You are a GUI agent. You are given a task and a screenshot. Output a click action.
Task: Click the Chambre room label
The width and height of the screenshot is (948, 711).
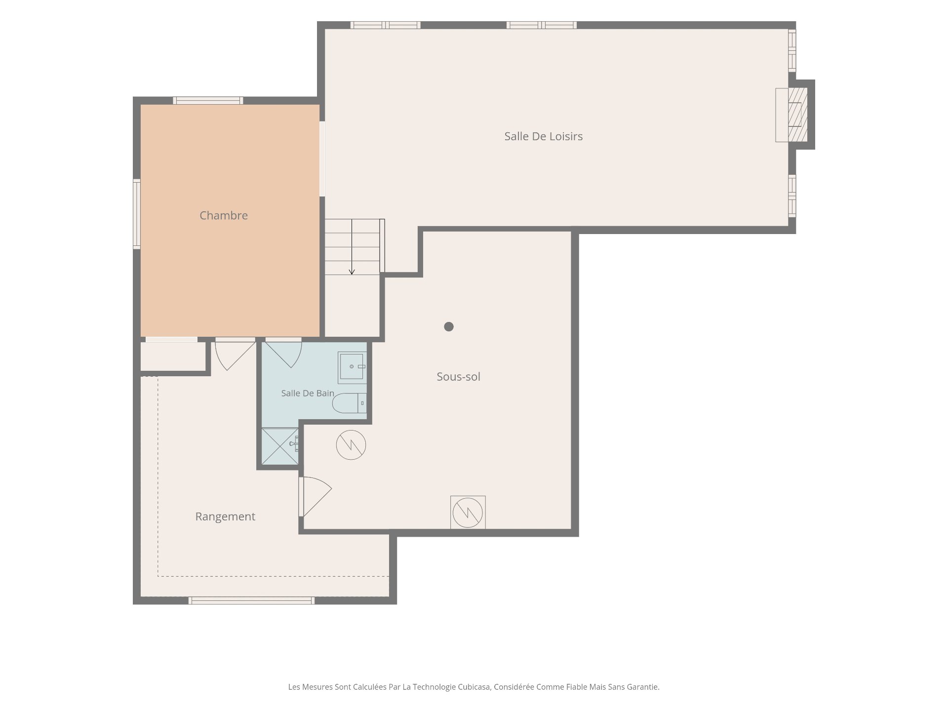pyautogui.click(x=224, y=215)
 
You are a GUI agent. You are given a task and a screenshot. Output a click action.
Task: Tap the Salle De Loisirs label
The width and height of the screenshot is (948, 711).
pyautogui.click(x=543, y=136)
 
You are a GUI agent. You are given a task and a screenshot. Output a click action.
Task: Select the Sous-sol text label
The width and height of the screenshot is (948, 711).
pyautogui.click(x=458, y=377)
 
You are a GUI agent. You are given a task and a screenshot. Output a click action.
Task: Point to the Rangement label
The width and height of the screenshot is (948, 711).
pyautogui.click(x=225, y=517)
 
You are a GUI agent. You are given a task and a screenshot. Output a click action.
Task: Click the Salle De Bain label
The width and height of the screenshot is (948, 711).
pyautogui.click(x=308, y=394)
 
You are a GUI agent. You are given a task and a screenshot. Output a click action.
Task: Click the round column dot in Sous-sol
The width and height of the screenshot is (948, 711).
pyautogui.click(x=449, y=326)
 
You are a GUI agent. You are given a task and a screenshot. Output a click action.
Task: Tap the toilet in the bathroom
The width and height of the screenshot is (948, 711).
pyautogui.click(x=350, y=403)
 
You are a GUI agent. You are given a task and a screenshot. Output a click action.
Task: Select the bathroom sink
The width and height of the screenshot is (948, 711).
pyautogui.click(x=352, y=367)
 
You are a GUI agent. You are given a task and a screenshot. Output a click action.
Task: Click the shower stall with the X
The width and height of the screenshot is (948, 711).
pyautogui.click(x=280, y=446)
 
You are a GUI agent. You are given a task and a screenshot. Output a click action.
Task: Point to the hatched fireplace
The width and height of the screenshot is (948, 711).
pyautogui.click(x=798, y=115)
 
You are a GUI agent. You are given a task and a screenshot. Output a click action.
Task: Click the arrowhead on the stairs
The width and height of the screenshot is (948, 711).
pyautogui.click(x=352, y=272)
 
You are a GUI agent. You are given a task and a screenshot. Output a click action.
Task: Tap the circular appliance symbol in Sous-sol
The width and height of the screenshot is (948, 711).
pyautogui.click(x=351, y=445)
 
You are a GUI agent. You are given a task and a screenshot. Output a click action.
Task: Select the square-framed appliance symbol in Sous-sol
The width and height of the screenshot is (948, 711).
pyautogui.click(x=468, y=512)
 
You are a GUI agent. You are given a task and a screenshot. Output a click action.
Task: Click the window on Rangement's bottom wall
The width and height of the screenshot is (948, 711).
pyautogui.click(x=252, y=600)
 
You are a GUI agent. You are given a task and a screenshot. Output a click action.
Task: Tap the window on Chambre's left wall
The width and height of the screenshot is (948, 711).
pyautogui.click(x=137, y=214)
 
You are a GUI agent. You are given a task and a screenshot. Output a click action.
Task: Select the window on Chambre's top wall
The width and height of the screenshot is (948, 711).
pyautogui.click(x=208, y=101)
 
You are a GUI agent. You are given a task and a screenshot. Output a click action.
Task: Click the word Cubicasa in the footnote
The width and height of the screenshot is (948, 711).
pyautogui.click(x=474, y=687)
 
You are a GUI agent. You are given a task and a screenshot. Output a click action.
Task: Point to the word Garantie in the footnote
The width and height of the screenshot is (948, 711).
pyautogui.click(x=643, y=687)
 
